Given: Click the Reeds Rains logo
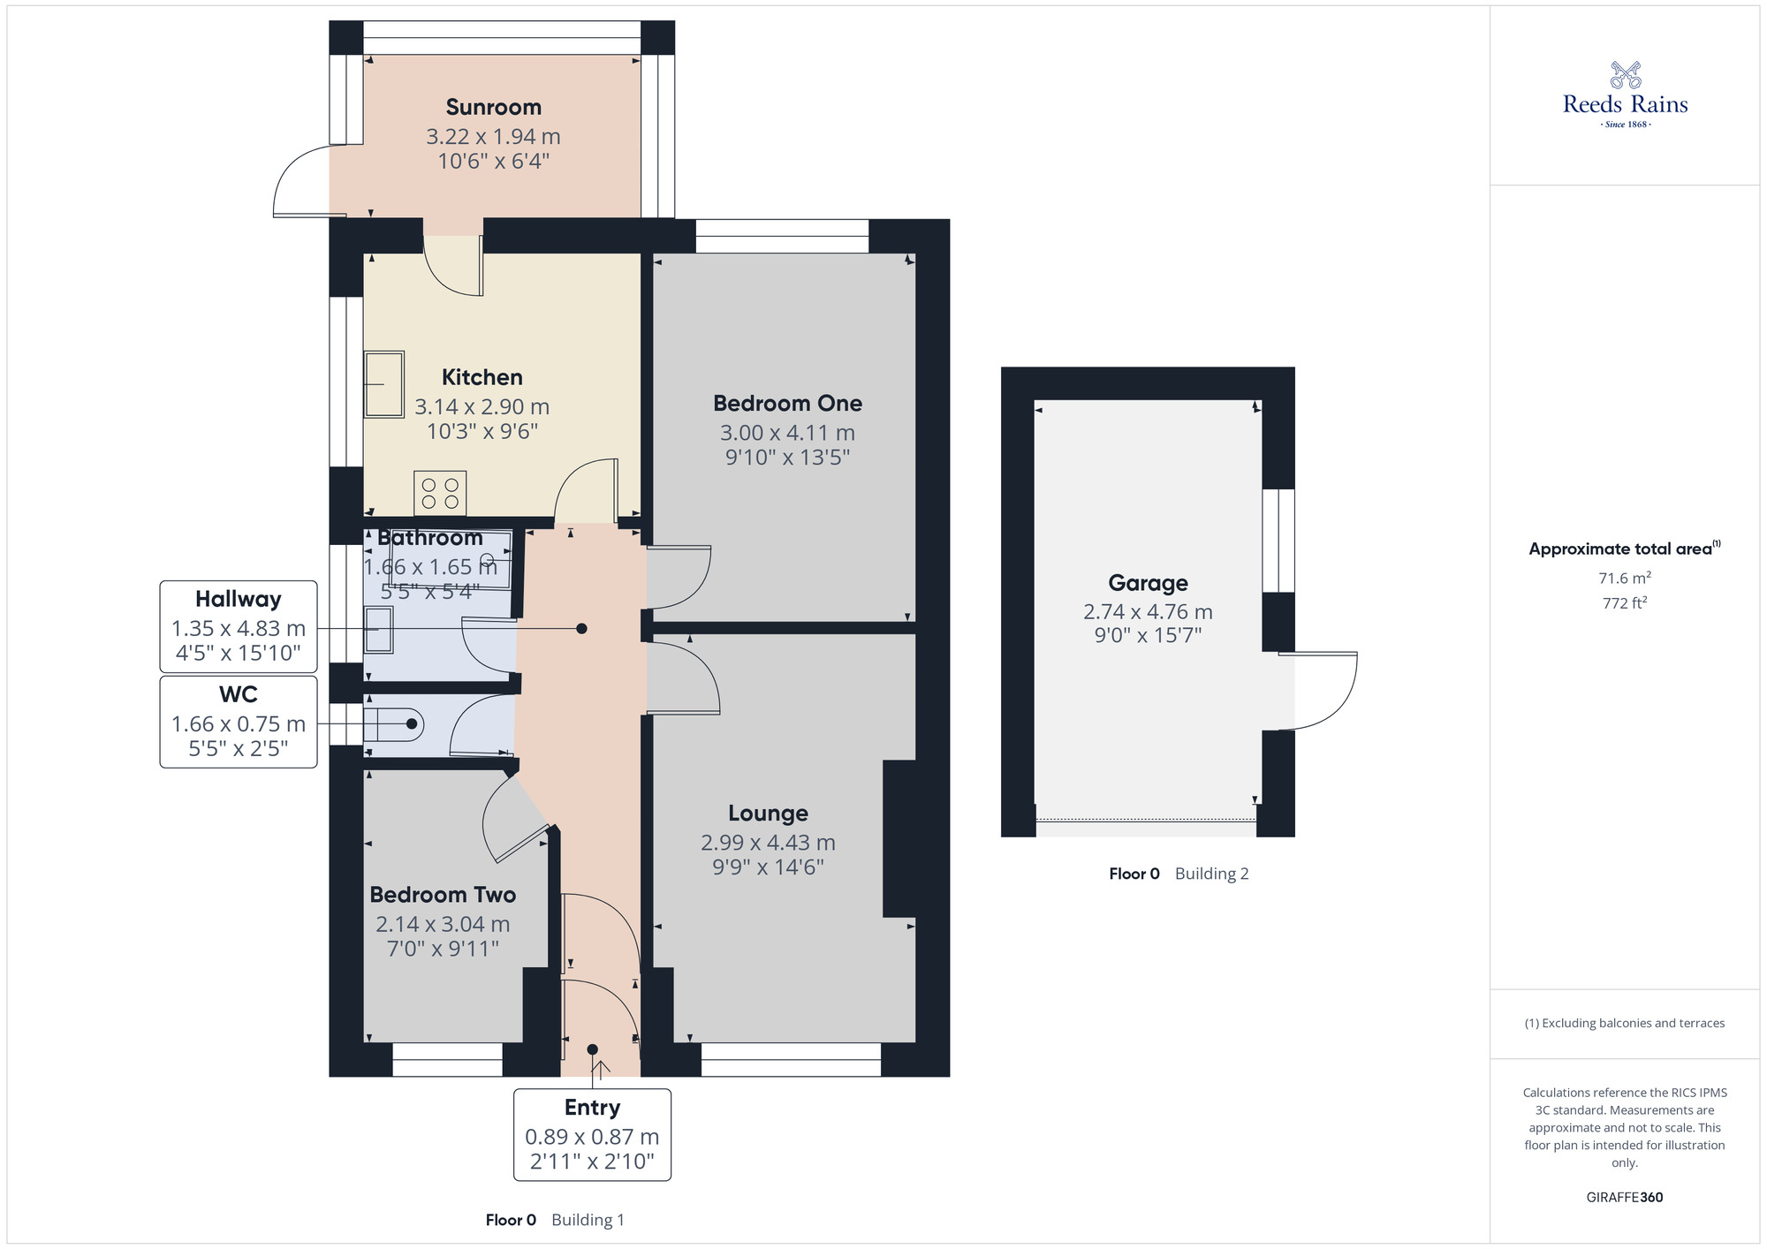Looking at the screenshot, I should click(1625, 95).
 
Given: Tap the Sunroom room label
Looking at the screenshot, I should click(493, 108).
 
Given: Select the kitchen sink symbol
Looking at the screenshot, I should click(384, 384).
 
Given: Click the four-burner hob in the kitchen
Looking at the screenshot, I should click(440, 493).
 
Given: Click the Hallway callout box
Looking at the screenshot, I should click(239, 626).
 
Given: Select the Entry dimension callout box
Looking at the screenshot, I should click(592, 1135).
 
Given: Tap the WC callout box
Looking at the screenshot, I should click(239, 722).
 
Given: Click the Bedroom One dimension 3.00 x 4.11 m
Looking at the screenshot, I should click(787, 433).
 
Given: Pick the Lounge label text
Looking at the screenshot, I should click(768, 813).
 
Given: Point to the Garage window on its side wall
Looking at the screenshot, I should click(1278, 541).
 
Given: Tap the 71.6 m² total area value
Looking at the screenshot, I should click(1624, 579).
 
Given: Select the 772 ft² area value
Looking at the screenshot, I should click(1624, 603).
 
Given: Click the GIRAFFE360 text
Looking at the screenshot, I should click(1624, 1198).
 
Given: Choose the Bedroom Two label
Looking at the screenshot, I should click(443, 895).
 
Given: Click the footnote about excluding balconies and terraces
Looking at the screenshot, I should click(1624, 1024).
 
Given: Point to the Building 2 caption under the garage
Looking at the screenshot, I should click(1211, 874).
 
